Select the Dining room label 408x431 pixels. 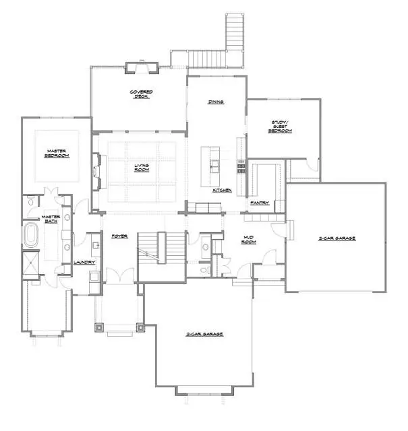coord(216,102)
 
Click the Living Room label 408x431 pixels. coord(142,167)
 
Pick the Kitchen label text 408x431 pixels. coord(222,191)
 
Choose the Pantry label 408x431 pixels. coord(260,202)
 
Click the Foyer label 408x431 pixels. coord(120,236)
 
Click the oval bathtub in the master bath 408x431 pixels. coord(31,236)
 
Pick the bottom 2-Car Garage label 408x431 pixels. coord(205,334)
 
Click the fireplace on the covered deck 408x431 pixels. coord(142,66)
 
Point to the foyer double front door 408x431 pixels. coord(119,275)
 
